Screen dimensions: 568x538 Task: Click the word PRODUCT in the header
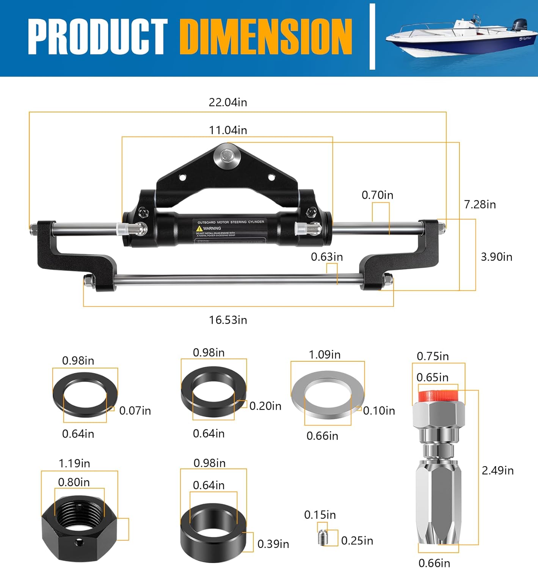(97, 36)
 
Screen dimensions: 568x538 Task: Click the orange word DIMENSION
(266, 36)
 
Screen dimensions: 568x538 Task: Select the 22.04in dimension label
(228, 102)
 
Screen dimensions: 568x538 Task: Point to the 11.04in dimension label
(228, 130)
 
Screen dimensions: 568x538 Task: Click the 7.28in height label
(480, 204)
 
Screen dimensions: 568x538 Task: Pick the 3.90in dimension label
(496, 257)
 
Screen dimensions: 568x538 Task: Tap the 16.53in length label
(228, 320)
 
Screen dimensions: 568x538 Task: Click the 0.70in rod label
(377, 195)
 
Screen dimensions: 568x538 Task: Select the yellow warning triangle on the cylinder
(199, 229)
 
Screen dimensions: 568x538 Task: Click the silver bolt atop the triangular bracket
(227, 156)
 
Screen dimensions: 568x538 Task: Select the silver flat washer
(327, 395)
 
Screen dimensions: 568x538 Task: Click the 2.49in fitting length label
(497, 471)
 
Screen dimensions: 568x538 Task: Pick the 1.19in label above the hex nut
(74, 463)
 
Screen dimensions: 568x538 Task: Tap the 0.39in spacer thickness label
(273, 544)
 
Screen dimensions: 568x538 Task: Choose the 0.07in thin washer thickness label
(135, 411)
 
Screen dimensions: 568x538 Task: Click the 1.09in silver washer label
(325, 355)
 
